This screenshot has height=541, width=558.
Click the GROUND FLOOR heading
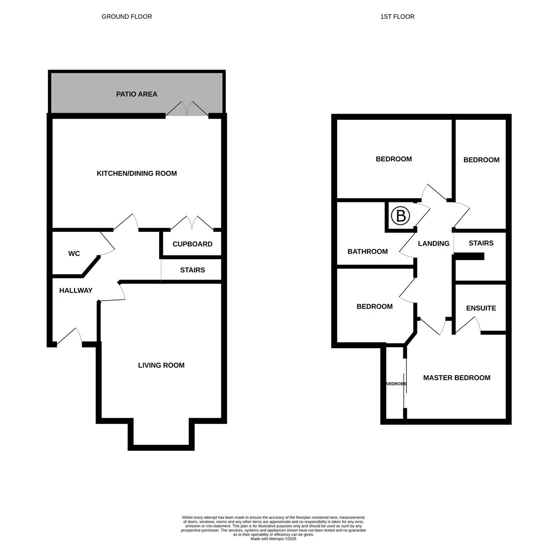click(x=127, y=17)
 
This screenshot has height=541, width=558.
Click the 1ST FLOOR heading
click(x=397, y=17)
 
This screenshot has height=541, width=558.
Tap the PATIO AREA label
click(x=137, y=94)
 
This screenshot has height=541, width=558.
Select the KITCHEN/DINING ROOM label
click(x=137, y=173)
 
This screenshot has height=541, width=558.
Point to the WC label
click(x=74, y=253)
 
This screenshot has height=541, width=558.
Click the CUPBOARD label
click(x=192, y=244)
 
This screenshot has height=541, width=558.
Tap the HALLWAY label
click(x=76, y=291)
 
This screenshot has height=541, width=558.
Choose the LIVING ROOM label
click(x=161, y=365)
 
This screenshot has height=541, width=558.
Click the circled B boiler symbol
click(x=400, y=216)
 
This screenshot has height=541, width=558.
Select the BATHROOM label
click(x=367, y=251)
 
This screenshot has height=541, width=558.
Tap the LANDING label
click(x=433, y=243)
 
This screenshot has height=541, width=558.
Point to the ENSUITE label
click(x=481, y=308)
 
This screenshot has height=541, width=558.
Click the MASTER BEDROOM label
click(x=456, y=378)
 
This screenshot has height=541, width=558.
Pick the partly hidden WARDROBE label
click(x=395, y=384)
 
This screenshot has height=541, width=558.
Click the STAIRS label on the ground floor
click(x=192, y=270)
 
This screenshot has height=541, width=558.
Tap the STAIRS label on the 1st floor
click(x=481, y=243)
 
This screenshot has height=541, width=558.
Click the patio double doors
click(x=187, y=109)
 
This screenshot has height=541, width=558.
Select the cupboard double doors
click(x=192, y=223)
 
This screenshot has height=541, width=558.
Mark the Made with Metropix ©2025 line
click(x=273, y=539)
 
